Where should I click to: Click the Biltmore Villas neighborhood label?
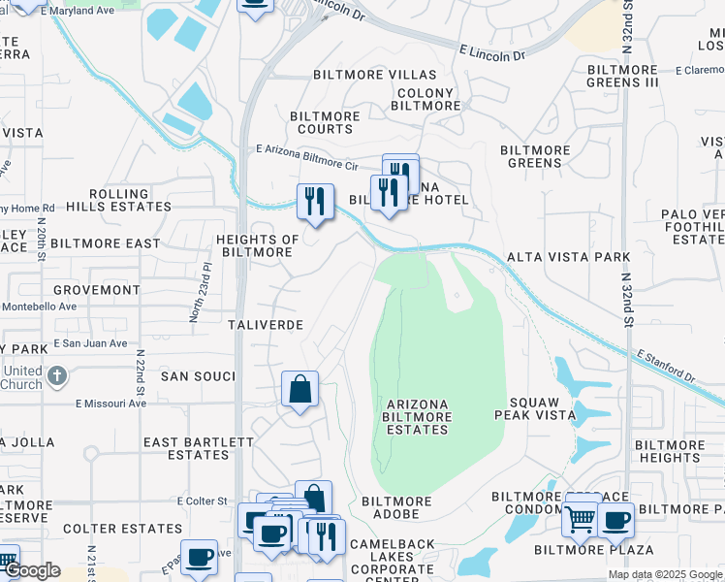(374, 75)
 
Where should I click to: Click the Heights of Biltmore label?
(257, 245)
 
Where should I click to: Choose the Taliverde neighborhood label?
(266, 324)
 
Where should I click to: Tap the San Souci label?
(198, 375)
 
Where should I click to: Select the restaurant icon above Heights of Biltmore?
(315, 201)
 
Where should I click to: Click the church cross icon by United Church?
(57, 374)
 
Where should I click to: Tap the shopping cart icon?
(580, 520)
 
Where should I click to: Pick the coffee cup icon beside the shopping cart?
(615, 520)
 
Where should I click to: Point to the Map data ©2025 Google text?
(665, 574)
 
